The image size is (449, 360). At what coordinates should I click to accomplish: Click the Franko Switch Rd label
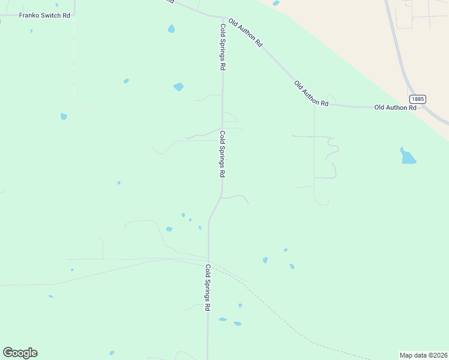pos(45,15)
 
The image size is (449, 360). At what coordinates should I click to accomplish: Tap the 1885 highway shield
pos(418,98)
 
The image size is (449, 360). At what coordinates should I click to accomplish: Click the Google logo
pos(20,353)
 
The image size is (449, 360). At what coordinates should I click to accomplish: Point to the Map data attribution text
pos(423,355)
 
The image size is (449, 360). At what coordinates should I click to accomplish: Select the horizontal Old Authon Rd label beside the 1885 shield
pos(395,107)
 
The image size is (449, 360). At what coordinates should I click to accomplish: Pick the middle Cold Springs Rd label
pos(222,154)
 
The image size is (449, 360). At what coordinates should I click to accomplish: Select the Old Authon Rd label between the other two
pos(312,94)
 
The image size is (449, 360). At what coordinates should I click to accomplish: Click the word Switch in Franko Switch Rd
pos(49,15)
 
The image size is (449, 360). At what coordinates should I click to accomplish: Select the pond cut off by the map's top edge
pos(276,3)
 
